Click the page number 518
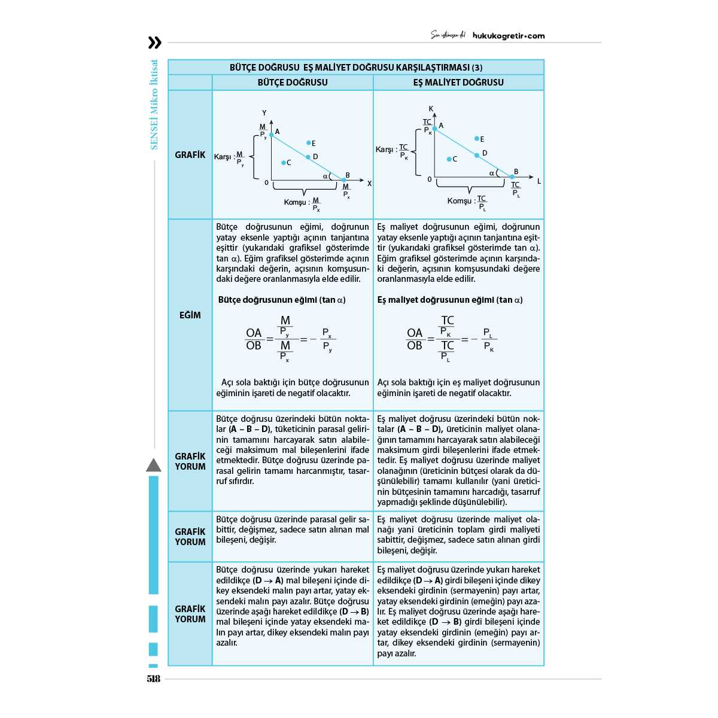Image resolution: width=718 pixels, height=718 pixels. (x=153, y=679)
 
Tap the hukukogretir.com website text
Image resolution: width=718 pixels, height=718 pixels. (x=509, y=36)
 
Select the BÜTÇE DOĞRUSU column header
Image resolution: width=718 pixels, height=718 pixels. (x=293, y=83)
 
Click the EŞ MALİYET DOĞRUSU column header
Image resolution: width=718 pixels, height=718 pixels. (x=458, y=83)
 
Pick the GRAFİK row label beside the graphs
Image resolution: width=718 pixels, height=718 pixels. (x=190, y=155)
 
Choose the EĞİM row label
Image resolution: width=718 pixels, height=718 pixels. (x=190, y=315)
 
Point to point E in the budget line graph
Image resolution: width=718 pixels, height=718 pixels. (x=309, y=143)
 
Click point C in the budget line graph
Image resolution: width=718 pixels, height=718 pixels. (x=284, y=163)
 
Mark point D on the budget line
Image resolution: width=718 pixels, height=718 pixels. (x=309, y=157)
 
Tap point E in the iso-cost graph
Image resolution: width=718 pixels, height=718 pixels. (x=477, y=139)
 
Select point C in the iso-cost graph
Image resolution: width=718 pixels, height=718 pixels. (x=449, y=159)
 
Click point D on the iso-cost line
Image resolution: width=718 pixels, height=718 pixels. (x=477, y=155)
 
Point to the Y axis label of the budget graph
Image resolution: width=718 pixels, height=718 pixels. (x=264, y=113)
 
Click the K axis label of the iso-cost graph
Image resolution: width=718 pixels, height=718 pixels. (x=431, y=109)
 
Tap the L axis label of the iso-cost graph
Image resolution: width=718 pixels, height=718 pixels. (x=538, y=181)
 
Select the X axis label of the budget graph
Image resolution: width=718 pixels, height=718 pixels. (x=369, y=184)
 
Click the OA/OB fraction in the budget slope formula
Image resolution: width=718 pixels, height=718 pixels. (x=254, y=339)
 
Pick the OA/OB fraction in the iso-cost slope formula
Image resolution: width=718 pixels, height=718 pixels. (x=415, y=339)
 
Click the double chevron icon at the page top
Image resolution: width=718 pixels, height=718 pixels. (x=154, y=42)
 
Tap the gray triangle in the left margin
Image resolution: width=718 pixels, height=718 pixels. (x=154, y=466)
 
